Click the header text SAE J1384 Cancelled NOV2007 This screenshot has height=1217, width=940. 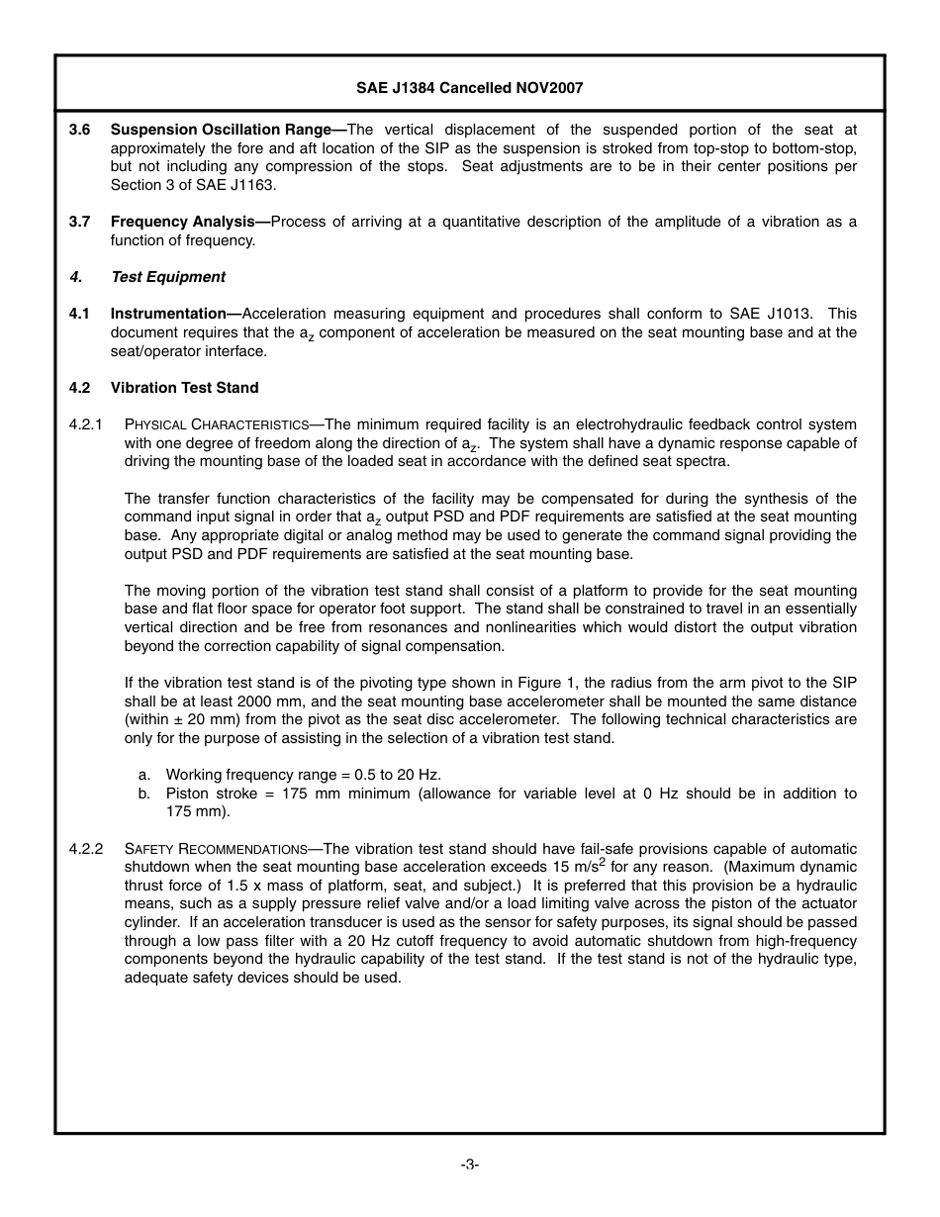coord(469,88)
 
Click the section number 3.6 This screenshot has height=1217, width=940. coord(79,130)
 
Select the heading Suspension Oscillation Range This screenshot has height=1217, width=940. coord(221,130)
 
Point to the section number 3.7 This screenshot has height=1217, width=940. coord(79,222)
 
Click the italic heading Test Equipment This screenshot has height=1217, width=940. coord(167,277)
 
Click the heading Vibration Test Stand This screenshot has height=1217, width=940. coord(184,388)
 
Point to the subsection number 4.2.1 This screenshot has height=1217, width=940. coord(86,424)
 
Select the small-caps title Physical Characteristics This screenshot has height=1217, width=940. coord(217,424)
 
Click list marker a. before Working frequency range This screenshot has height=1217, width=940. coord(144,775)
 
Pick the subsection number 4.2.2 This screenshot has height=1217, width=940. coord(86,849)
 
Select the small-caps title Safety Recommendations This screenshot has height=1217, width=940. coord(216,849)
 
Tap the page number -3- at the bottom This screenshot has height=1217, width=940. coord(469,1165)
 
